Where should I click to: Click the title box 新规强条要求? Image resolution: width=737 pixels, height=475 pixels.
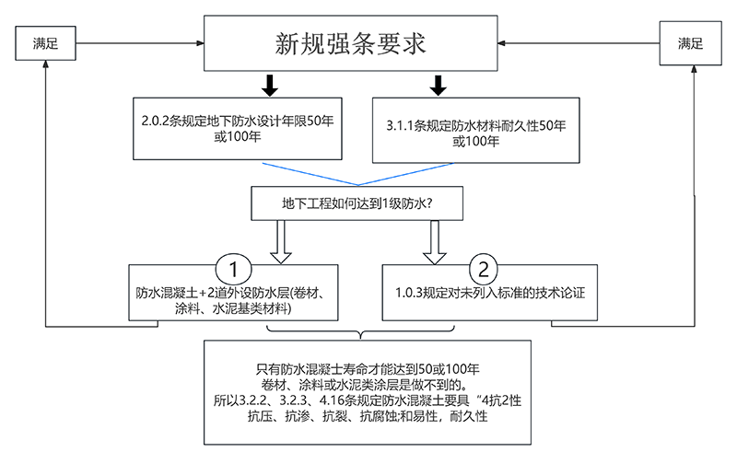pyautogui.click(x=350, y=43)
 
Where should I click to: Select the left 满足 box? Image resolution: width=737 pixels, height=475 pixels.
pyautogui.click(x=45, y=43)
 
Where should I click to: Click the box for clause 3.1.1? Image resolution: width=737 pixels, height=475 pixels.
pyautogui.click(x=475, y=130)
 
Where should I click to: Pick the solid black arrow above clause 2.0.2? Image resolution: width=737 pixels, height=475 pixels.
pyautogui.click(x=268, y=86)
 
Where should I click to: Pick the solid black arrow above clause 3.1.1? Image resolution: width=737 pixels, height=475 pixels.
pyautogui.click(x=438, y=86)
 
